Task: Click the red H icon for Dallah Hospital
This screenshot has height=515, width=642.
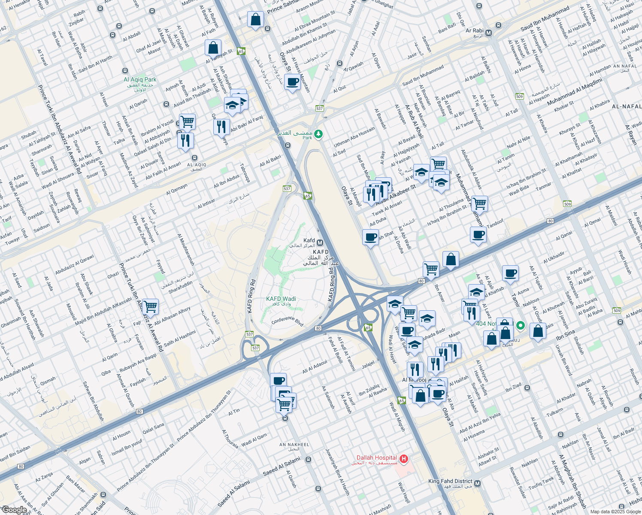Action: pyautogui.click(x=403, y=460)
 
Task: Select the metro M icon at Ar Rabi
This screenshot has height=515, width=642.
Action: pyautogui.click(x=489, y=33)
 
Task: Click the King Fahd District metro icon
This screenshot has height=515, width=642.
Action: pyautogui.click(x=477, y=484)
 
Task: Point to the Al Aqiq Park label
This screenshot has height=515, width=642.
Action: pyautogui.click(x=140, y=80)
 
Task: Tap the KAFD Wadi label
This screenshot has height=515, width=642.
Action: pyautogui.click(x=281, y=299)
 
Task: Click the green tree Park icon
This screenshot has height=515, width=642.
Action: pyautogui.click(x=318, y=134)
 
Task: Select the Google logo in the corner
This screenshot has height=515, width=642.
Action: pyautogui.click(x=15, y=509)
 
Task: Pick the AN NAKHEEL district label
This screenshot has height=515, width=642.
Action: pyautogui.click(x=294, y=445)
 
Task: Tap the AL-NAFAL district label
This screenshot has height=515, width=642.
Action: pyautogui.click(x=627, y=106)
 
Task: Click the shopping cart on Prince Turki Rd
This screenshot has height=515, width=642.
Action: pyautogui.click(x=150, y=307)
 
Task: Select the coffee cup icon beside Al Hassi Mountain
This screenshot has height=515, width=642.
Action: pyautogui.click(x=293, y=82)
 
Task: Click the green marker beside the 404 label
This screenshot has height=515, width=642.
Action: pyautogui.click(x=521, y=326)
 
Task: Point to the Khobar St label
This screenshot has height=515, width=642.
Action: pyautogui.click(x=564, y=106)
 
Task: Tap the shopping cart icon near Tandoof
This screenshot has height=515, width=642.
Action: pyautogui.click(x=479, y=203)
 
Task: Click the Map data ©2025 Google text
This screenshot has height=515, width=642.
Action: pyautogui.click(x=615, y=512)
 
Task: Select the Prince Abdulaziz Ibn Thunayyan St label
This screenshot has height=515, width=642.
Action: pyautogui.click(x=204, y=415)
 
